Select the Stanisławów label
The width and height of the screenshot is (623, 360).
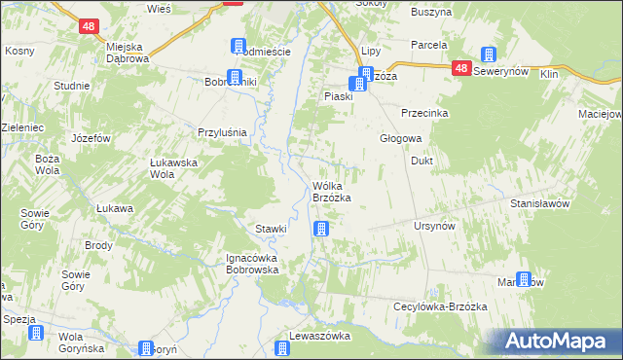(x=539, y=204)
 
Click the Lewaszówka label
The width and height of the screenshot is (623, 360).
(x=319, y=336)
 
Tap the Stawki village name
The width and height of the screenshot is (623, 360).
(x=271, y=229)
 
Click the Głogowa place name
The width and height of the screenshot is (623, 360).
(x=399, y=138)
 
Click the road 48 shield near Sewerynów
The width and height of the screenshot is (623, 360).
(x=461, y=69)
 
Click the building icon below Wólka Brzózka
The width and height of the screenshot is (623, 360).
(x=320, y=230)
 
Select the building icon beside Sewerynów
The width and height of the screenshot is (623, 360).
(x=489, y=56)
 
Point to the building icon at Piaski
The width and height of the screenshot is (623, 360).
(x=358, y=84)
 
